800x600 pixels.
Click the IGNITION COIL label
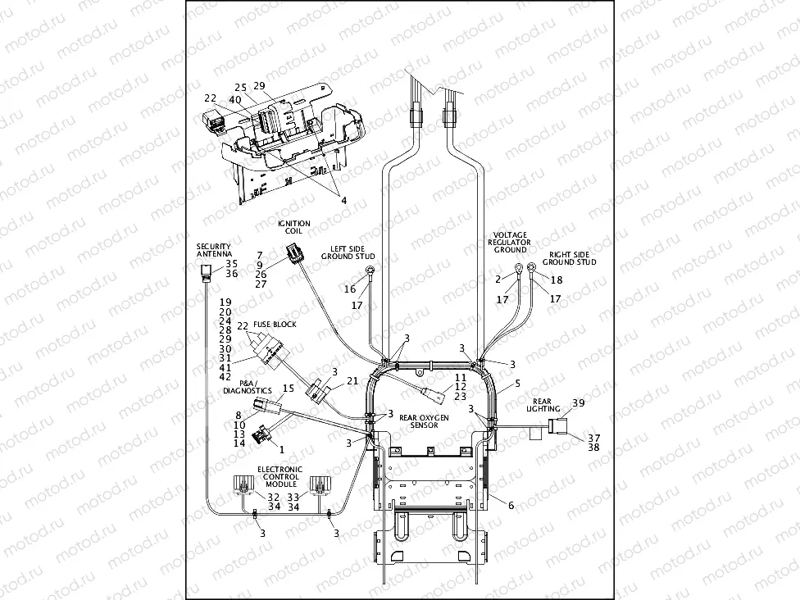pyautogui.click(x=293, y=227)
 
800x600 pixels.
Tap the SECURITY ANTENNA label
pyautogui.click(x=213, y=251)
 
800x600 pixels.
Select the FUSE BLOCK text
pyautogui.click(x=274, y=325)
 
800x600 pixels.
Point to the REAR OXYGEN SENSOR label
pyautogui.click(x=424, y=421)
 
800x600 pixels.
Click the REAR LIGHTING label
pyautogui.click(x=543, y=404)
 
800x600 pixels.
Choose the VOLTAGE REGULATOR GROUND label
pyautogui.click(x=509, y=242)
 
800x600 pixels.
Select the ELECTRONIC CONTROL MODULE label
pyautogui.click(x=280, y=477)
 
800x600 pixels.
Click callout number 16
pyautogui.click(x=350, y=289)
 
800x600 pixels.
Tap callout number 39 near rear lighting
pyautogui.click(x=579, y=402)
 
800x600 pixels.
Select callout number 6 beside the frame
pyautogui.click(x=511, y=506)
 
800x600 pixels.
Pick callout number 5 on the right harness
pyautogui.click(x=516, y=384)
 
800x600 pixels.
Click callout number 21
pyautogui.click(x=352, y=380)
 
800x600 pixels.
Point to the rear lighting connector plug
pyautogui.click(x=559, y=426)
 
